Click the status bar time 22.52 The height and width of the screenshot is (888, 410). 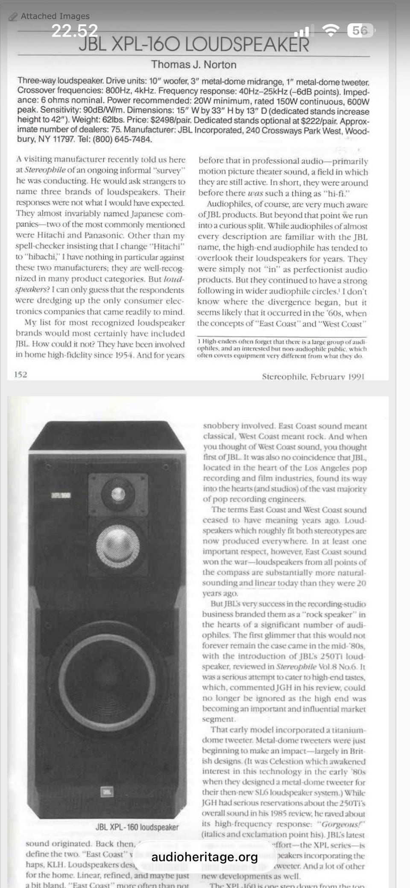tap(75, 31)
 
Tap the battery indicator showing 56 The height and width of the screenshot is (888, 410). tap(360, 30)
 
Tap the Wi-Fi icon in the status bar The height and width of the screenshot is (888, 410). tap(330, 30)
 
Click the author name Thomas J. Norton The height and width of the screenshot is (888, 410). tap(193, 65)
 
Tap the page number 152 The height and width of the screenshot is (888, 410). tap(20, 375)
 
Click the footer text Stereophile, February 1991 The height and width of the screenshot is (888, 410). tap(313, 376)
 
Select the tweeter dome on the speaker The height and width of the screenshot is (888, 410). tap(118, 494)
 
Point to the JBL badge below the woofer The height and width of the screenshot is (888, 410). tap(107, 792)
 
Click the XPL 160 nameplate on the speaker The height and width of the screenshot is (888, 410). tap(61, 495)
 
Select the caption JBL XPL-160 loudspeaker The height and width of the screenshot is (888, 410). tap(137, 827)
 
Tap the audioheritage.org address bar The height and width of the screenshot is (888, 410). tap(205, 857)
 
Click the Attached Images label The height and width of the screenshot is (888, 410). tap(55, 16)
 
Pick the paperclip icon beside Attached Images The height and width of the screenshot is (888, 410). tap(13, 17)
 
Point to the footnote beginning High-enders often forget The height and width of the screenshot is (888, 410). tap(281, 349)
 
